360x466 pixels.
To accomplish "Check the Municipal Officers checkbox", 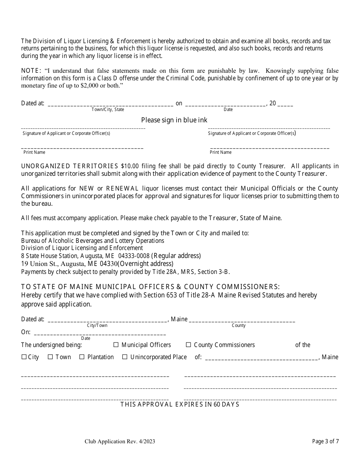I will [116, 345].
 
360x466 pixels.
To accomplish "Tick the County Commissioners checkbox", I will [188, 345].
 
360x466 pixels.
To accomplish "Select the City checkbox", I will [24, 357].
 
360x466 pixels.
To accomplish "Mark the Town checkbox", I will [50, 357].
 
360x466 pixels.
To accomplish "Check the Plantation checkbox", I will [82, 357].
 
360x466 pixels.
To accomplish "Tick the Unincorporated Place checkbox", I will [125, 357].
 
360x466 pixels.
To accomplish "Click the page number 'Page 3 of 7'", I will [326, 441].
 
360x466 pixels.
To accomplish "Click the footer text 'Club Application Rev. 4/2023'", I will [120, 441].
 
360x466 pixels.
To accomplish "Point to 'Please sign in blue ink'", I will [174, 120].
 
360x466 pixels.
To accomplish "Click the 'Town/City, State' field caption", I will [108, 109].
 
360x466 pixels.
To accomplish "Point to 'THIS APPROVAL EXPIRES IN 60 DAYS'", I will [180, 404].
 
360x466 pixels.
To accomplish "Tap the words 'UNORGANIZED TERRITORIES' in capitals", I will [70, 166].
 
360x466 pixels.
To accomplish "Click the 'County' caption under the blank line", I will [239, 325].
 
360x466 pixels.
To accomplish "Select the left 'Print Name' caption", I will [34, 152].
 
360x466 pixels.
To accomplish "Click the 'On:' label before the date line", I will [26, 332].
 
